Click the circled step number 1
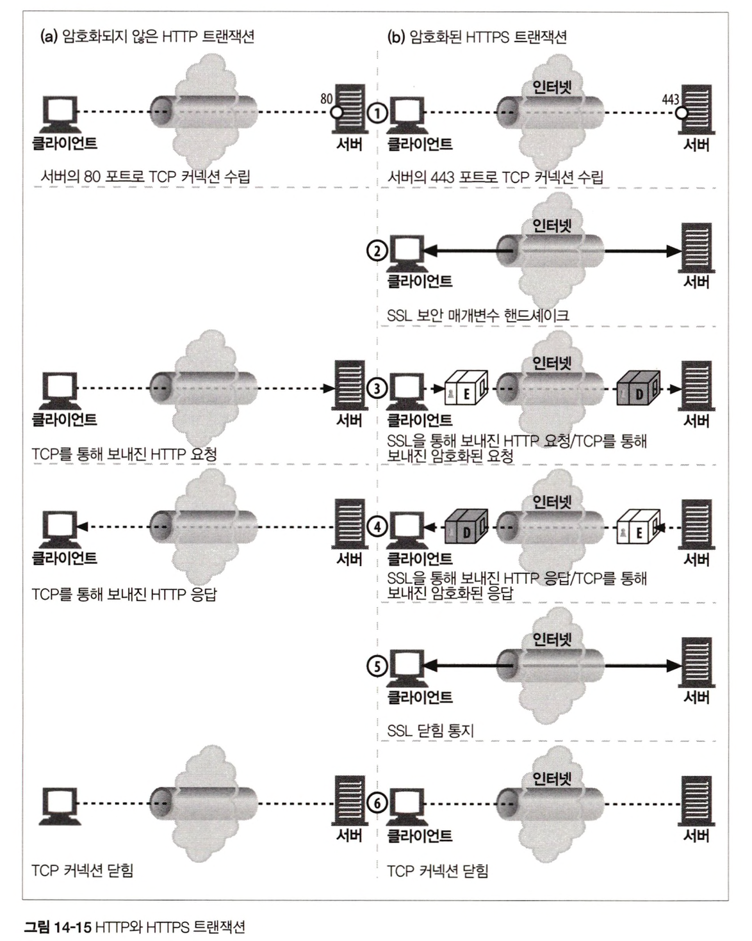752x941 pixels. [377, 113]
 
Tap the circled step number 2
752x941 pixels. [377, 252]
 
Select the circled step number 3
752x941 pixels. [377, 388]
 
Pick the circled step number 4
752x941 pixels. [377, 527]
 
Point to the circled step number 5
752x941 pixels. [377, 666]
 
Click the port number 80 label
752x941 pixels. [327, 99]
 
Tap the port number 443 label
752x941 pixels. [671, 99]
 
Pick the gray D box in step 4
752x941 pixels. [466, 527]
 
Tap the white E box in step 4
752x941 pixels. [639, 528]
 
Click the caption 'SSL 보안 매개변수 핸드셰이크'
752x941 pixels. [478, 315]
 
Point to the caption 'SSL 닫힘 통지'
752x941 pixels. [430, 730]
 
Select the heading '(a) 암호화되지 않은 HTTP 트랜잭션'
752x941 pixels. [147, 36]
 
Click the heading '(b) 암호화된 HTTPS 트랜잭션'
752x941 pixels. [477, 36]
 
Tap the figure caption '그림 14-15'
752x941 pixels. [58, 926]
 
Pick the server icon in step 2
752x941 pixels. [696, 249]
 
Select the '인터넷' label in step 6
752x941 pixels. [552, 778]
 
